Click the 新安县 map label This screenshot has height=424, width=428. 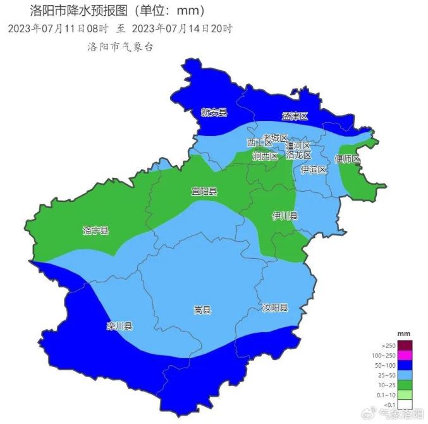[214, 113]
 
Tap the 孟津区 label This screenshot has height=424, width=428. [295, 116]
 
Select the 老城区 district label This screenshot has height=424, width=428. [275, 138]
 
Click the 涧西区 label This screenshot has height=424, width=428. [265, 156]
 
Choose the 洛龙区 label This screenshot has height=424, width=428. [298, 155]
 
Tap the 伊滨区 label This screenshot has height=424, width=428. [314, 170]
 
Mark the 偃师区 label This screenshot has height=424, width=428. [347, 159]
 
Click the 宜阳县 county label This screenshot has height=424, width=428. [204, 191]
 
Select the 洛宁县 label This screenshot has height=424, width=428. [95, 230]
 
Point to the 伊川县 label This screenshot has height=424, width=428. [284, 216]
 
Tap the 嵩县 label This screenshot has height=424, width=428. [202, 310]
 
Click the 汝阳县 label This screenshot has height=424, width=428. [275, 308]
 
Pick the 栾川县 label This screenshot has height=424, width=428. [119, 327]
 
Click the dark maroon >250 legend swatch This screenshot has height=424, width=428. [405, 345]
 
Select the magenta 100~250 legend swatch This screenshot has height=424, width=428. [405, 355]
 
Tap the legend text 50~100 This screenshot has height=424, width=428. [386, 366]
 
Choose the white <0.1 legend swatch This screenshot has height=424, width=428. [405, 404]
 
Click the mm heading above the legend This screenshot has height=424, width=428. [403, 333]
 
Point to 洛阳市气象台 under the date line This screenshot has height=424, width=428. [121, 47]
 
